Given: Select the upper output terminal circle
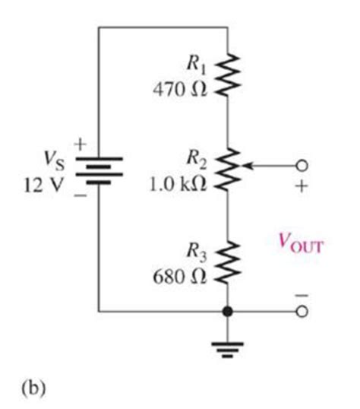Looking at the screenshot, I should point(302,165).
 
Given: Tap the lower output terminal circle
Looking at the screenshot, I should point(302,311).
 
